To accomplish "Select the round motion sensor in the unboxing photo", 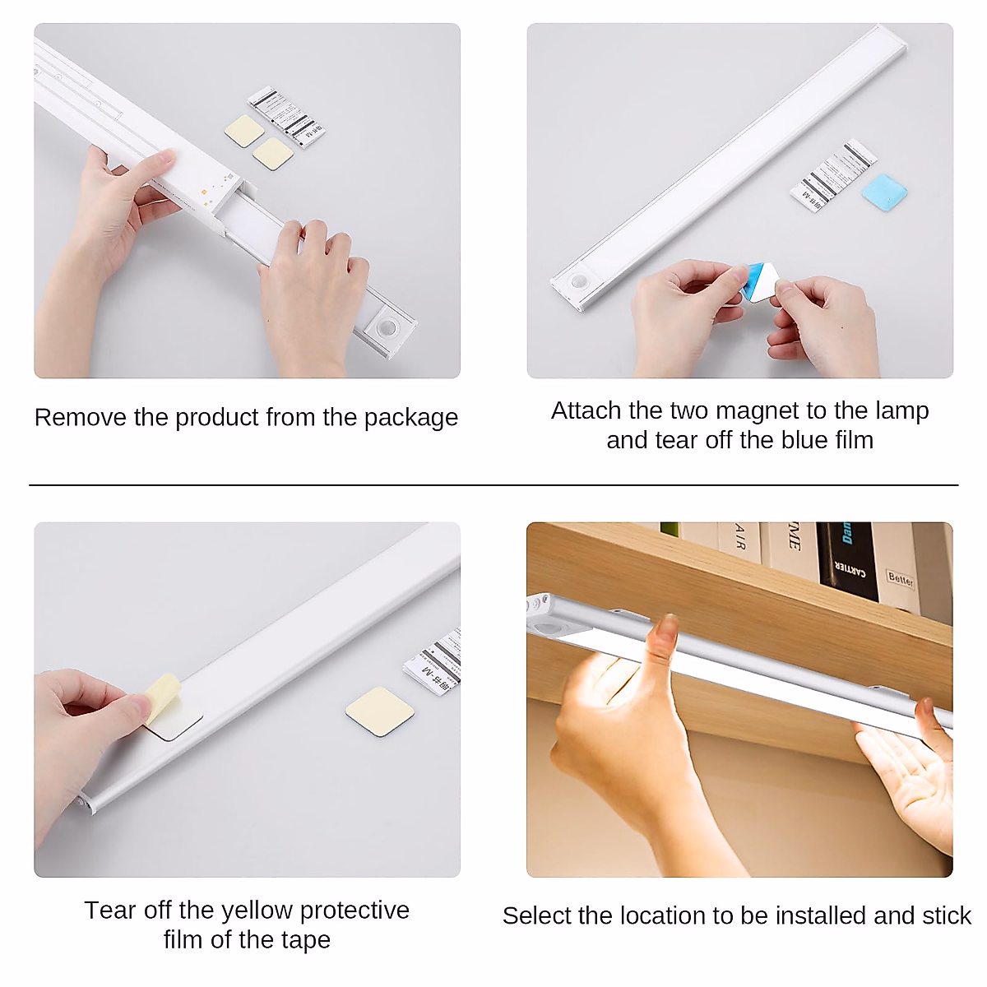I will click(387, 328).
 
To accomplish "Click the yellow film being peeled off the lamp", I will click(162, 695).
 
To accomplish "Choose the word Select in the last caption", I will click(537, 915).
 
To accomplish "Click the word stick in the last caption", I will click(946, 915).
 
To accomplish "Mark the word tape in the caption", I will click(307, 939).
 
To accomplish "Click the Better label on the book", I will click(901, 578).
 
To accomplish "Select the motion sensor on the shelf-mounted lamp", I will click(544, 627).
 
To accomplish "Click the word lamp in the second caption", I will click(901, 410).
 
